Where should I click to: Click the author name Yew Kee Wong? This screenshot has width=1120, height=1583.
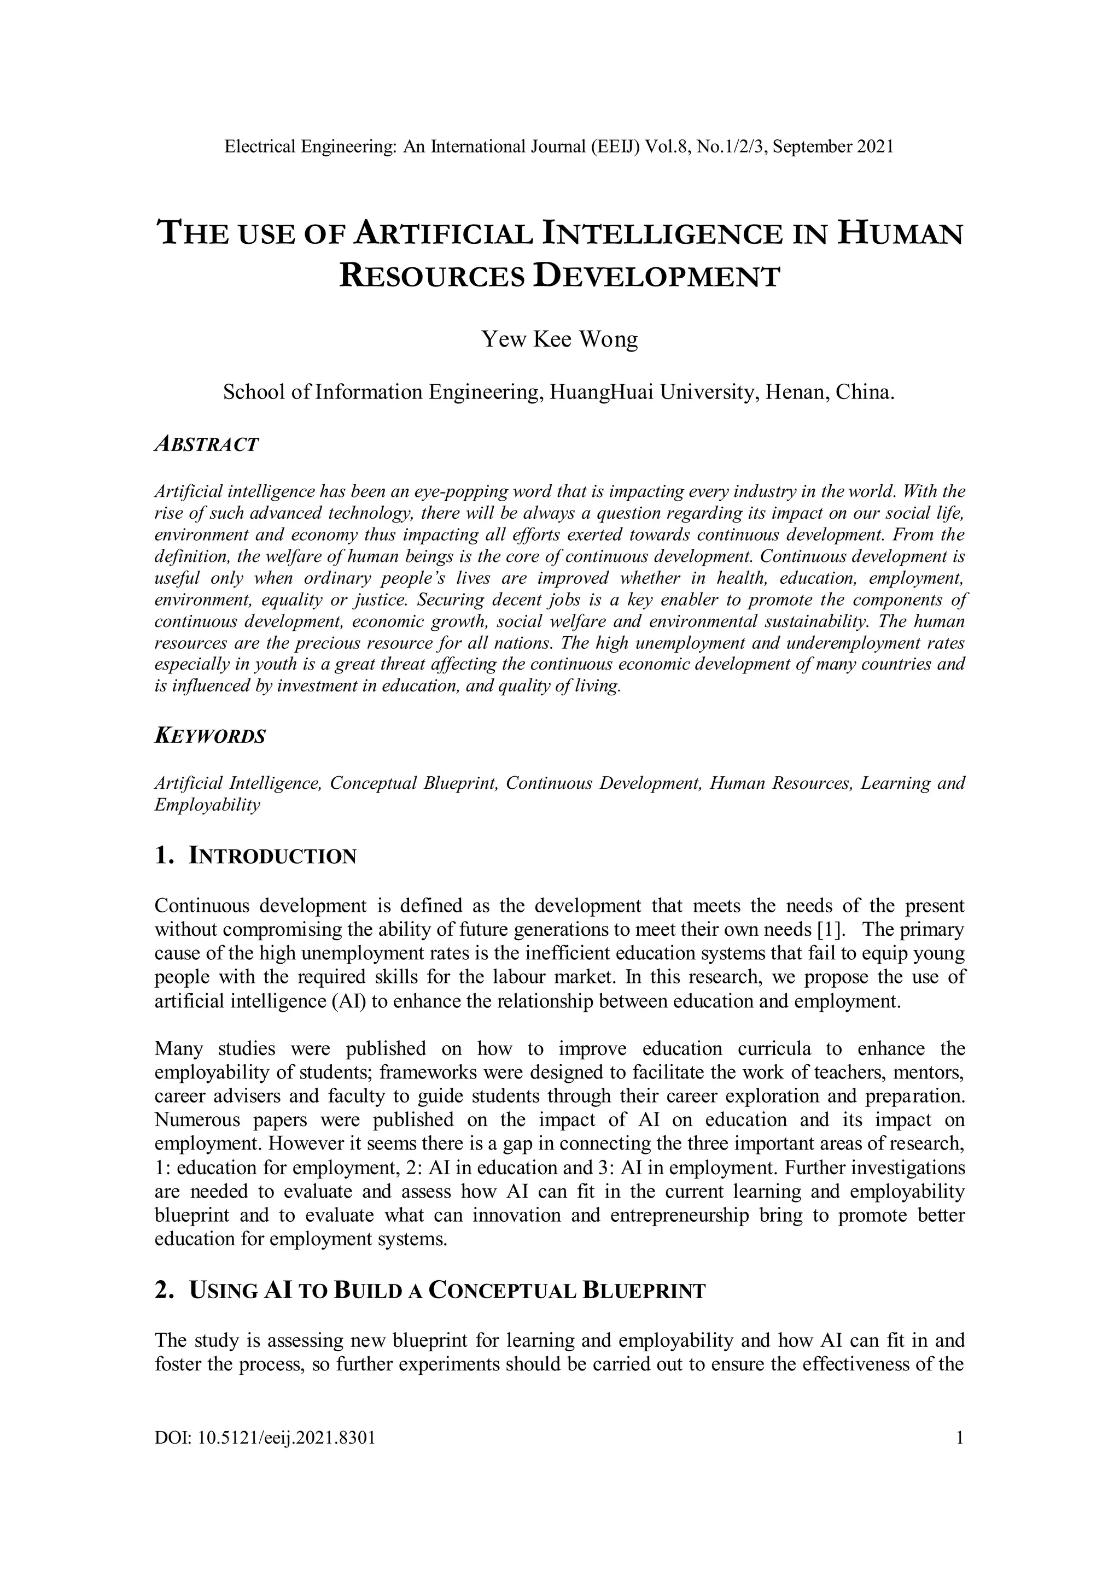click(x=559, y=340)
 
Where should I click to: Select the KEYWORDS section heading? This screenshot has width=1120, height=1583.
click(x=209, y=736)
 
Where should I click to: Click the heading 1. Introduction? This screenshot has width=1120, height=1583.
click(x=256, y=857)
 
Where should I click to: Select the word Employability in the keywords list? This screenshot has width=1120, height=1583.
click(x=207, y=805)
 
